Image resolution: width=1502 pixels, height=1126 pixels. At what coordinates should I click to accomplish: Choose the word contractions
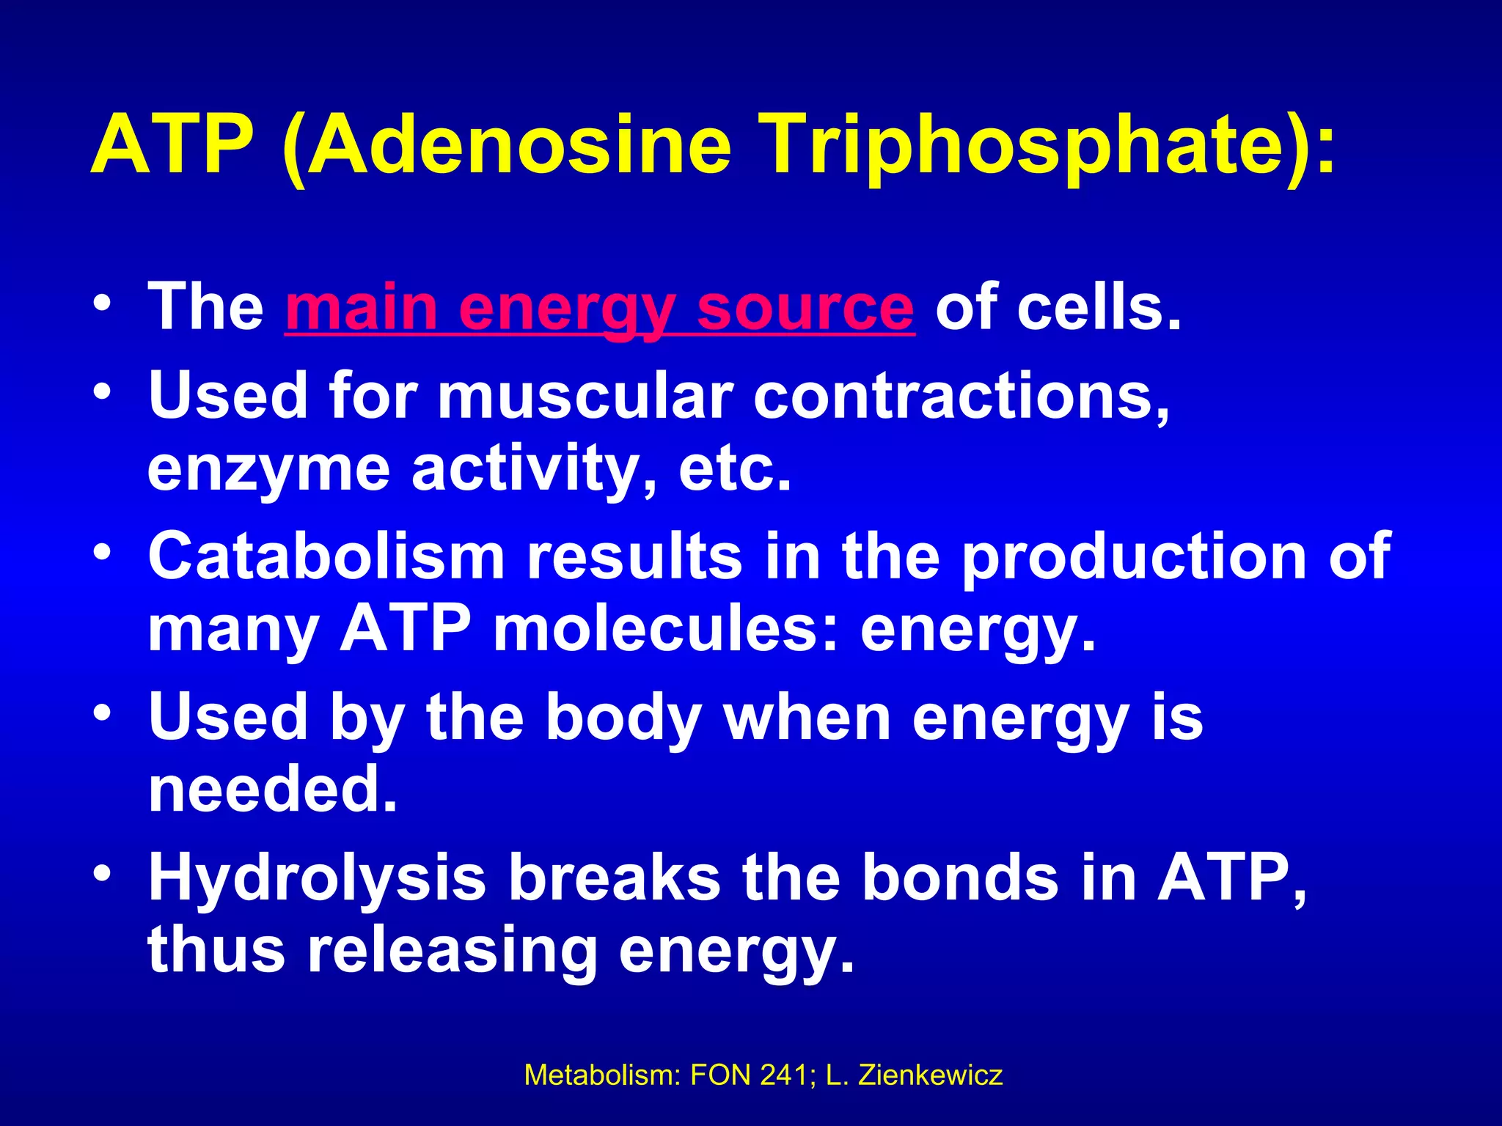[961, 397]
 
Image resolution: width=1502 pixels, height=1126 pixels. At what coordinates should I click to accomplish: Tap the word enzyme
[268, 469]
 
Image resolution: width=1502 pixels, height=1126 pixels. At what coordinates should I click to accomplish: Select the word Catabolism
[327, 557]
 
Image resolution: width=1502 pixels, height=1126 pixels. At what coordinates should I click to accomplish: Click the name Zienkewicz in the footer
[930, 1075]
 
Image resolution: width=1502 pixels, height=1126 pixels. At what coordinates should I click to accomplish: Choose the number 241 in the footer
[786, 1075]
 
